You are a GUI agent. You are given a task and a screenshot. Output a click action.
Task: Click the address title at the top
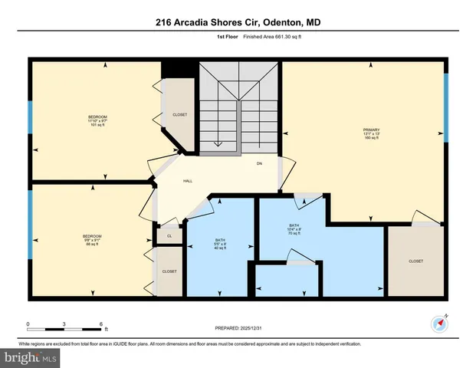coord(238,24)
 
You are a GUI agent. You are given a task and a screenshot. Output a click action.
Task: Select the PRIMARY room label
coord(372,130)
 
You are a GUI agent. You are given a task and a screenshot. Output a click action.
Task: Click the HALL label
coord(187,181)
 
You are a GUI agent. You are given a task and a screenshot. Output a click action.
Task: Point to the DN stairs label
coord(259,164)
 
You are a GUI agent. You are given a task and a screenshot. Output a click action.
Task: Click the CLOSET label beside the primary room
coord(415,261)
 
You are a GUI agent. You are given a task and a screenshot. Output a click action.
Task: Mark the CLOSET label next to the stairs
coord(179,115)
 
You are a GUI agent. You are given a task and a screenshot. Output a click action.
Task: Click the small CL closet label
coord(169,236)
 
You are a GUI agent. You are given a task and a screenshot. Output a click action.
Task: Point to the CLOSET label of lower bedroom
coord(169,271)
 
